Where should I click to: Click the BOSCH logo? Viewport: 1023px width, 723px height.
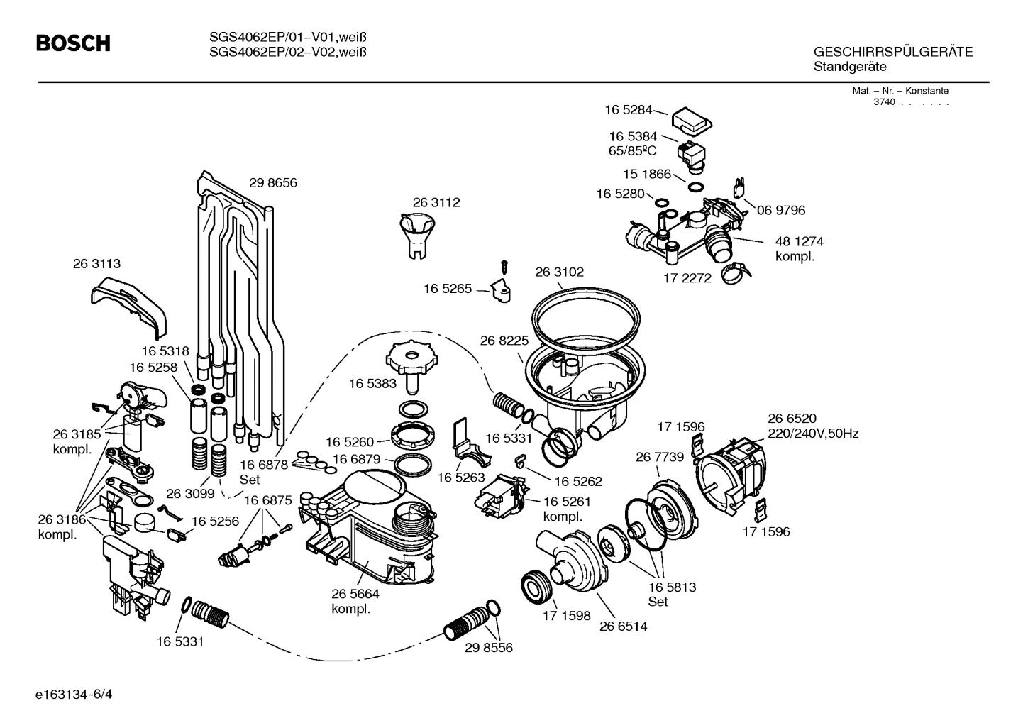(x=73, y=44)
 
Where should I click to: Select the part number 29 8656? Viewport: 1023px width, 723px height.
(x=272, y=183)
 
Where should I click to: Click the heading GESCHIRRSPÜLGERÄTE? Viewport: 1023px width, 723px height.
(x=892, y=53)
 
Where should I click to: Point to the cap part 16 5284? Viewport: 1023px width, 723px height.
(x=692, y=119)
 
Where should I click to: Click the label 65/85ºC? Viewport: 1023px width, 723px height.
(x=633, y=151)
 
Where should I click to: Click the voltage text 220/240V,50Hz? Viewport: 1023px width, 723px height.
(x=813, y=434)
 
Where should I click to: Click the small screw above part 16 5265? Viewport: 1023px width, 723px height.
(x=504, y=267)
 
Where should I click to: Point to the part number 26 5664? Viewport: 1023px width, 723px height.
(x=355, y=594)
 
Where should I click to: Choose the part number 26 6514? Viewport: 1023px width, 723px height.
(x=623, y=627)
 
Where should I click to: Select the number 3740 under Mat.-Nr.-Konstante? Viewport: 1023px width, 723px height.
(x=884, y=102)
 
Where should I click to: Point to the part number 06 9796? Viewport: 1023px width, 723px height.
(x=780, y=211)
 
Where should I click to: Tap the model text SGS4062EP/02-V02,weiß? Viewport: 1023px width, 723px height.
(x=288, y=51)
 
